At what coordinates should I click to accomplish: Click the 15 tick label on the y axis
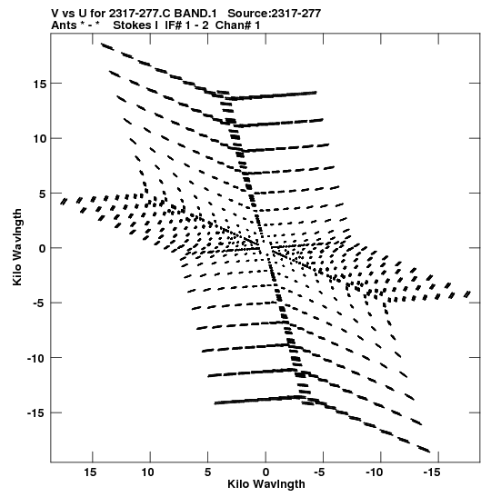point(39,84)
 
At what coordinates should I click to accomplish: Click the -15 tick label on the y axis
point(36,413)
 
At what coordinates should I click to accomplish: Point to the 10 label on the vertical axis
point(39,139)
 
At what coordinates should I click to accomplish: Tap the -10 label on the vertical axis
point(36,359)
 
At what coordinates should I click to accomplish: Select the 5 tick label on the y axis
point(43,194)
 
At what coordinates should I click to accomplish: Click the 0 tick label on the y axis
point(43,249)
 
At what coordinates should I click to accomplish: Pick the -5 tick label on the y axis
point(40,303)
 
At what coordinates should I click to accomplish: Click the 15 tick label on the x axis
point(90,472)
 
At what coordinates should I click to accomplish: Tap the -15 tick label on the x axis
point(431,472)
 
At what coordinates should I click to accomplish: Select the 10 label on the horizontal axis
point(148,472)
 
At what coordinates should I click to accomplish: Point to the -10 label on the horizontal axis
point(374,472)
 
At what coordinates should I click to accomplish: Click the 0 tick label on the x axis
point(266,472)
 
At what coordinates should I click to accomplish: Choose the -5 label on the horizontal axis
point(319,472)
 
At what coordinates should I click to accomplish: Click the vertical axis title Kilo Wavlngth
point(17,247)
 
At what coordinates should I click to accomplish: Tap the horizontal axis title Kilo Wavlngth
point(266,484)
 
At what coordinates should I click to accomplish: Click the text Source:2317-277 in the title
point(274,14)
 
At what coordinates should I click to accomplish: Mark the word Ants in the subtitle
point(64,25)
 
